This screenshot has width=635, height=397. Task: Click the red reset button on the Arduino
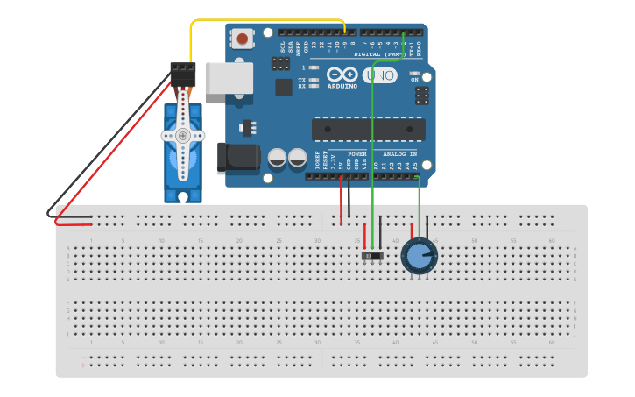tap(242, 39)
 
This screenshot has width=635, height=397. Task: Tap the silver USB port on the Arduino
tap(229, 78)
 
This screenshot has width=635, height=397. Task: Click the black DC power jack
tap(237, 158)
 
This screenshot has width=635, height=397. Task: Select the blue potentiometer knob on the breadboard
tap(420, 257)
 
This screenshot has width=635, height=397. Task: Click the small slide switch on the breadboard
tap(372, 256)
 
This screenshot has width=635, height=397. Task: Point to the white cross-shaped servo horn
tap(182, 136)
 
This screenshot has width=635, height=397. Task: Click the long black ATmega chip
tap(368, 129)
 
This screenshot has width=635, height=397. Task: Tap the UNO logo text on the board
tap(379, 75)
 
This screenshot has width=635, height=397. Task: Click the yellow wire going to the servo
tap(263, 20)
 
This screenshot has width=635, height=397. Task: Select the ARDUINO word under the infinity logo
tap(342, 86)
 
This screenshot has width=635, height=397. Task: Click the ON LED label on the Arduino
tap(414, 80)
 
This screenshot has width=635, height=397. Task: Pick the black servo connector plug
tap(182, 73)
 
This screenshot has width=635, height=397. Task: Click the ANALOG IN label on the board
tap(399, 154)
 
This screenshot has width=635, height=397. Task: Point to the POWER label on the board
tap(356, 154)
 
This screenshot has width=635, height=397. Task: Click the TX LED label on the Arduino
tap(301, 80)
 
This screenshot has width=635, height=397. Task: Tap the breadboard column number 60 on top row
tap(551, 240)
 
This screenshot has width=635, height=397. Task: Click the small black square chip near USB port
tap(284, 87)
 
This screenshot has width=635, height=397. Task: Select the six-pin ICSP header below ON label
tap(421, 95)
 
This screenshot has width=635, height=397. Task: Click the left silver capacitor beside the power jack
tap(277, 159)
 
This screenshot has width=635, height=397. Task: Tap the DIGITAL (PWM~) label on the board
tap(379, 54)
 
